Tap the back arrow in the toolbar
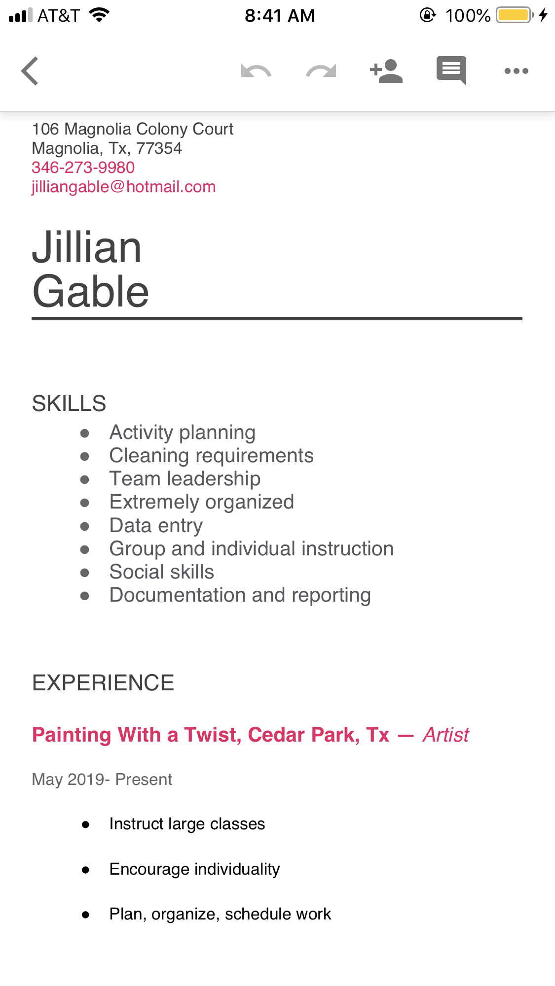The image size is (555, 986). [30, 71]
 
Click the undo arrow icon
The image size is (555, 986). [256, 71]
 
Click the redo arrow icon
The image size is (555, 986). [321, 71]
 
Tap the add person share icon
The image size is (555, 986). [386, 71]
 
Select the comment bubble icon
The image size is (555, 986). [451, 70]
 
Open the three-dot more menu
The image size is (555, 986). [517, 71]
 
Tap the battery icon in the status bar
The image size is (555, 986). [515, 15]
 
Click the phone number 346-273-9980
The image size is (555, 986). [83, 168]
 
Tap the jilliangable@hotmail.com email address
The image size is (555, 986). [124, 187]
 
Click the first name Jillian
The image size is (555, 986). [87, 247]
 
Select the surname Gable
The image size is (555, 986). [91, 291]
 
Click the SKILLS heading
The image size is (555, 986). [69, 404]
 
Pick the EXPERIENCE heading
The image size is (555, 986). [103, 683]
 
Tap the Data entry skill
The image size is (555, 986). [156, 526]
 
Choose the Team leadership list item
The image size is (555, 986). [185, 479]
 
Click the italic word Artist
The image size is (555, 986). [446, 735]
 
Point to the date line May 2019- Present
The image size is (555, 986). [102, 780]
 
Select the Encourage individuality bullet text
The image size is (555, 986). [194, 869]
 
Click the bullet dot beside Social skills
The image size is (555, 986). [85, 573]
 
